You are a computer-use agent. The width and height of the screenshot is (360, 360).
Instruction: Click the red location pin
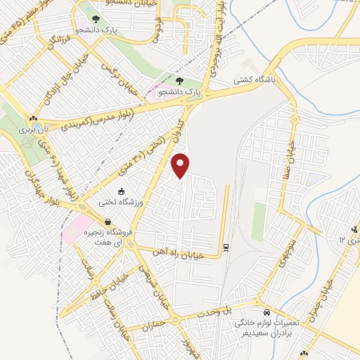point(182,165)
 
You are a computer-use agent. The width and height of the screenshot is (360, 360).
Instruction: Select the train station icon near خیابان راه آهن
point(225,247)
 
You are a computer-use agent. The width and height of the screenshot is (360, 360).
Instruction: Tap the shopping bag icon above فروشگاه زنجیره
point(107,222)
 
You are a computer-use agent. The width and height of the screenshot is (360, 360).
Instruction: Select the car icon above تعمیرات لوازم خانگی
point(266,311)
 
